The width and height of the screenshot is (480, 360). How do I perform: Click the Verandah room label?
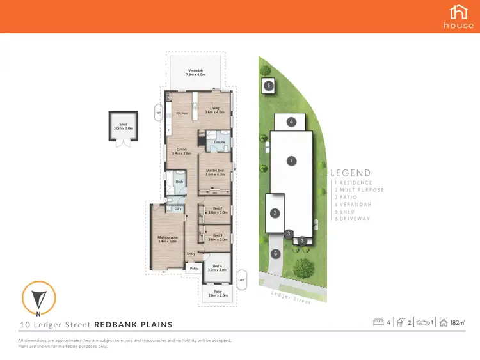195,72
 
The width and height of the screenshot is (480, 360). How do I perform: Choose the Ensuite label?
219,141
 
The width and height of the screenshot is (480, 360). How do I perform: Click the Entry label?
191,254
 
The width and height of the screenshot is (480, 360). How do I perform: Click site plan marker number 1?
291,160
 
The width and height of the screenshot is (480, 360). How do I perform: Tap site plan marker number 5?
269,85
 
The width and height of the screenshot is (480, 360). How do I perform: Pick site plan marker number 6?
275,253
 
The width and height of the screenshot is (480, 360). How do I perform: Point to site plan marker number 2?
275,213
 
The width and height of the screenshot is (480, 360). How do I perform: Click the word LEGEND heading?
350,173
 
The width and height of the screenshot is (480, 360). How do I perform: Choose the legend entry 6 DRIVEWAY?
353,219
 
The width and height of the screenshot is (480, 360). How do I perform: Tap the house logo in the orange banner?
459,16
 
